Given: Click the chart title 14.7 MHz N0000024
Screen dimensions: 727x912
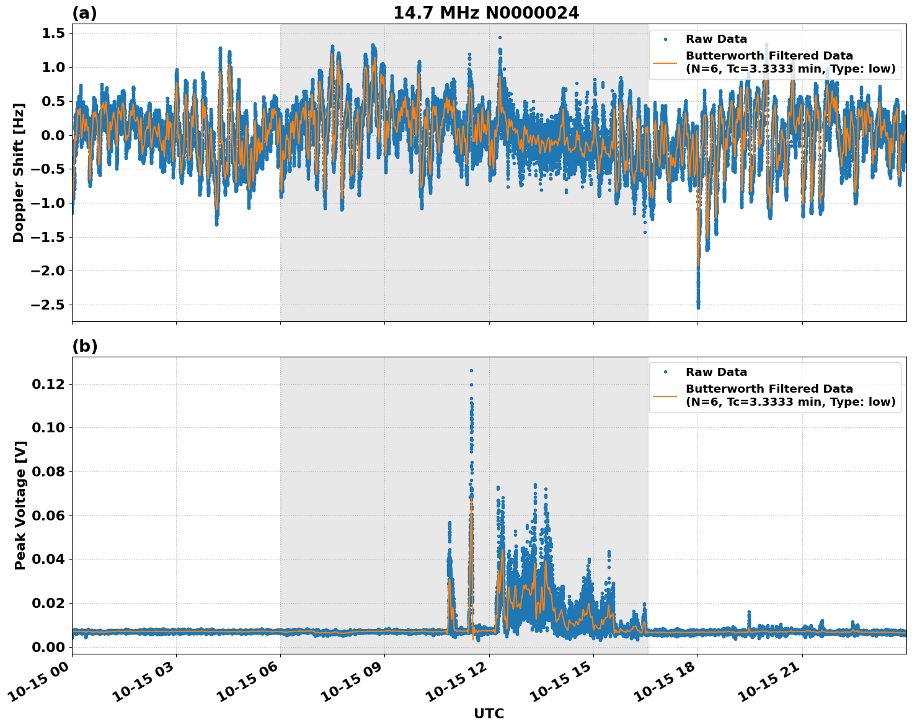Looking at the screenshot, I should click(x=486, y=13).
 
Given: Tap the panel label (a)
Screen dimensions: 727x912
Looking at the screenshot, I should click(x=84, y=13).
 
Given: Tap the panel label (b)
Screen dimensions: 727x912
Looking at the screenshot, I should click(x=84, y=346).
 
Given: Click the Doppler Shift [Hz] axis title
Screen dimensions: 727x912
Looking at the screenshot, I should click(x=19, y=172).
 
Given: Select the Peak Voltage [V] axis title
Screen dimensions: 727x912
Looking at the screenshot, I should click(x=20, y=505).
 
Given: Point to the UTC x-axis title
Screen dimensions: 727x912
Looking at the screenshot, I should click(x=489, y=713).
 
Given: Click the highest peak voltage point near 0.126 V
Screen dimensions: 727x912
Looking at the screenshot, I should click(x=471, y=370).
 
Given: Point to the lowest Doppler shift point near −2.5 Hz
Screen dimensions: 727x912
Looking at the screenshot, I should click(x=698, y=306).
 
